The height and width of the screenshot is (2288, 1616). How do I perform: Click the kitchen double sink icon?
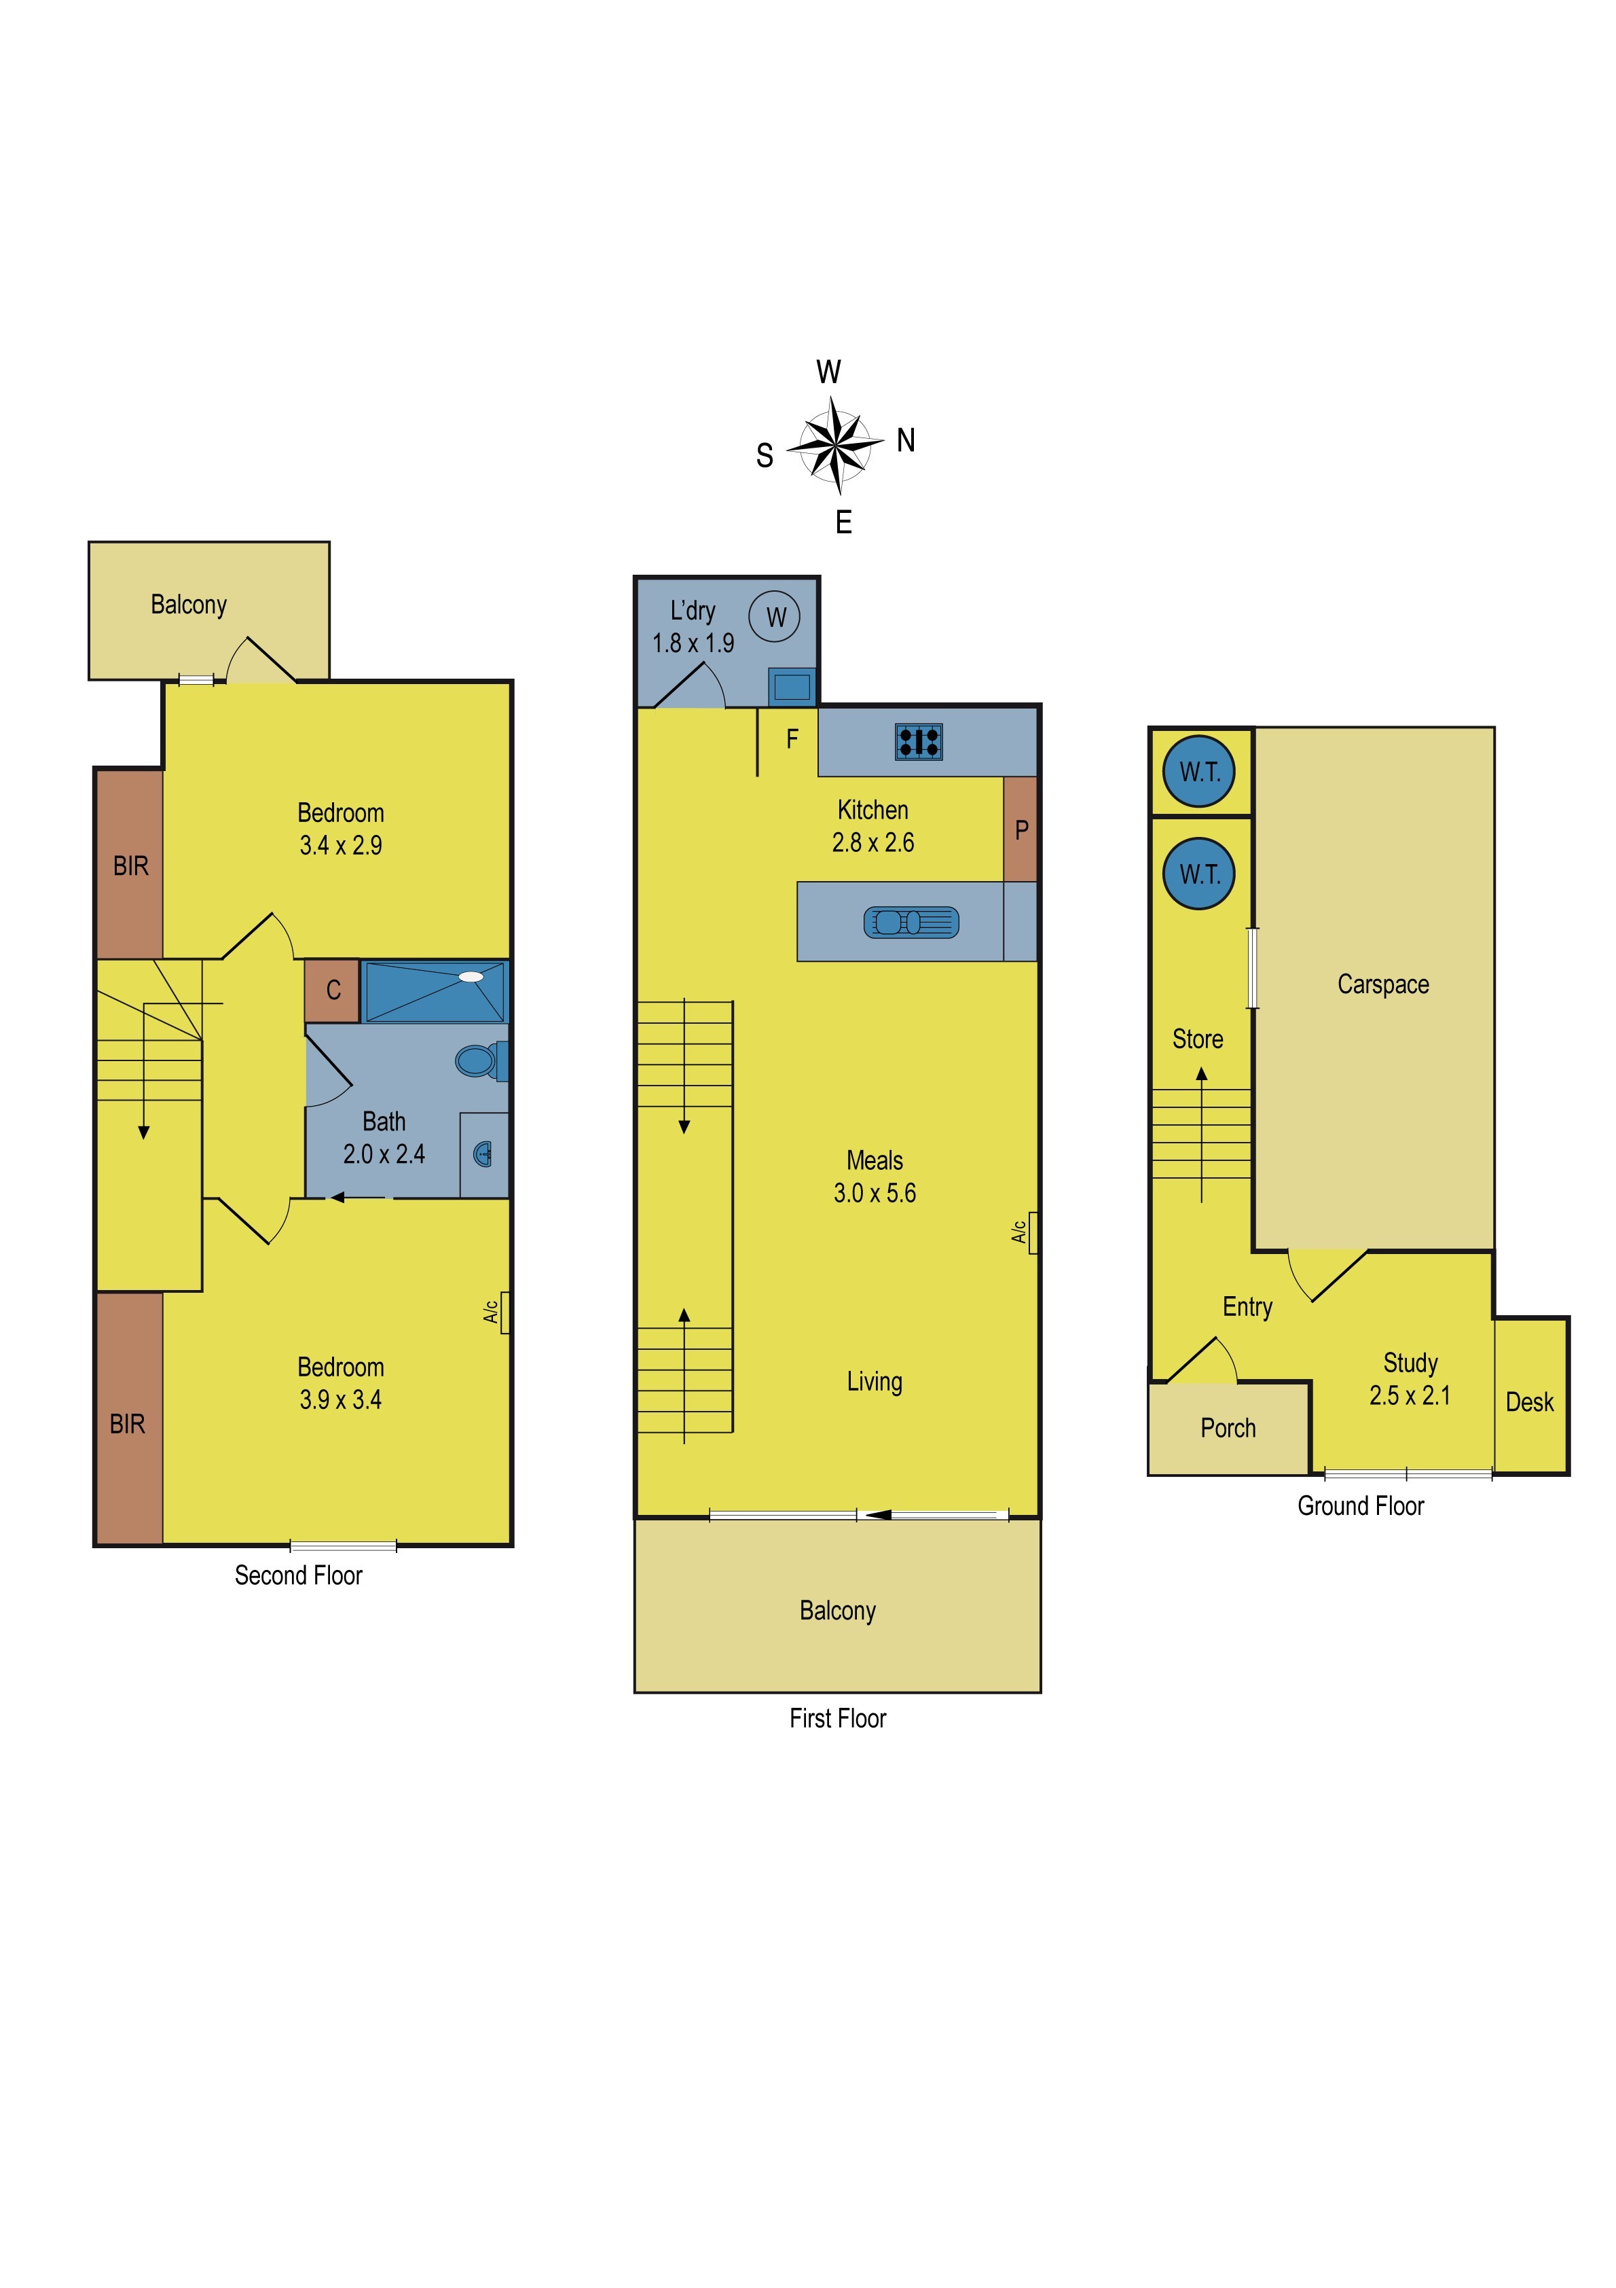pos(911,922)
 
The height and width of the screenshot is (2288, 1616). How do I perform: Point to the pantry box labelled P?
pos(1021,829)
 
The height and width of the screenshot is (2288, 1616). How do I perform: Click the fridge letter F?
pos(792,738)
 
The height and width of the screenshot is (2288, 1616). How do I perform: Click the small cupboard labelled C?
pos(333,990)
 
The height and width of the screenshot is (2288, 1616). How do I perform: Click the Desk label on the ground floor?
pos(1529,1402)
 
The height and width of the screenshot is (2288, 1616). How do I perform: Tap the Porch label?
pos(1228,1428)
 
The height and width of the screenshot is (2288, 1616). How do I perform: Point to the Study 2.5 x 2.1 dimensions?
pos(1409,1395)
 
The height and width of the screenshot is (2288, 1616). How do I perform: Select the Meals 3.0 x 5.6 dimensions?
pos(874,1193)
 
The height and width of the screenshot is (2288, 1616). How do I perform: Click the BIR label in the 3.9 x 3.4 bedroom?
pos(128,1424)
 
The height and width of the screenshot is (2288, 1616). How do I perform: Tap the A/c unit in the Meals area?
pos(1032,1233)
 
